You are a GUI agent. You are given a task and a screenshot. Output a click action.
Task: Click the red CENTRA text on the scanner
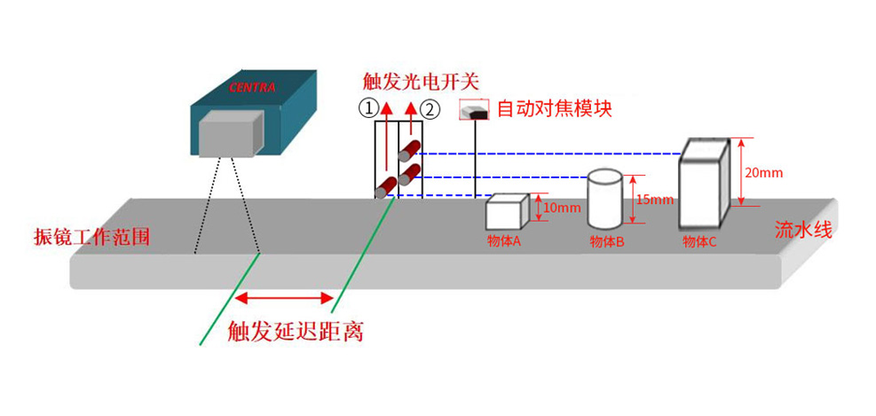252,88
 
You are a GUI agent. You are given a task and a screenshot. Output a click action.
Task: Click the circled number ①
367,109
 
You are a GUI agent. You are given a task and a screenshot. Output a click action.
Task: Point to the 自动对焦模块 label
554,109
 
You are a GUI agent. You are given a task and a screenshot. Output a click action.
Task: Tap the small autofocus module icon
475,111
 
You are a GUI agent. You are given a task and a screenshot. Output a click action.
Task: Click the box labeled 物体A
506,213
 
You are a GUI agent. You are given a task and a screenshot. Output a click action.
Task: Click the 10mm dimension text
562,208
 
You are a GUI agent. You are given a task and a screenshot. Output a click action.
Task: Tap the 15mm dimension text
656,200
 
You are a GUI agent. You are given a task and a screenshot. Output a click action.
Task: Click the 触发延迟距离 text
296,333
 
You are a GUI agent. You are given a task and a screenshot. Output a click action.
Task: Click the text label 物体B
607,241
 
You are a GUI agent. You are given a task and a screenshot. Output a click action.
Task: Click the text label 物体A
503,239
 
